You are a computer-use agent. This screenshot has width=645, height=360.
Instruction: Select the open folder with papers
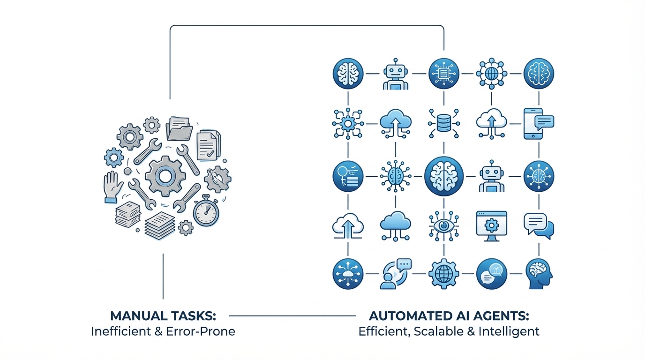[179, 128]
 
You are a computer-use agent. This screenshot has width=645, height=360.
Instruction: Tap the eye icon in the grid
[443, 225]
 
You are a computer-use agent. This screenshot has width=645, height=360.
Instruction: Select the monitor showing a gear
[491, 225]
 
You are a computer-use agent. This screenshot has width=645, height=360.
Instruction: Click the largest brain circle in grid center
[443, 176]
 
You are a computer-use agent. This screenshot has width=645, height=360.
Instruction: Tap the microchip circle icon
[443, 74]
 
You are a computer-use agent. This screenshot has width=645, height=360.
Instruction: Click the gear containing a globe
[443, 274]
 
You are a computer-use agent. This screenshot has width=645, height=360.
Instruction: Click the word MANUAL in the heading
[132, 315]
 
